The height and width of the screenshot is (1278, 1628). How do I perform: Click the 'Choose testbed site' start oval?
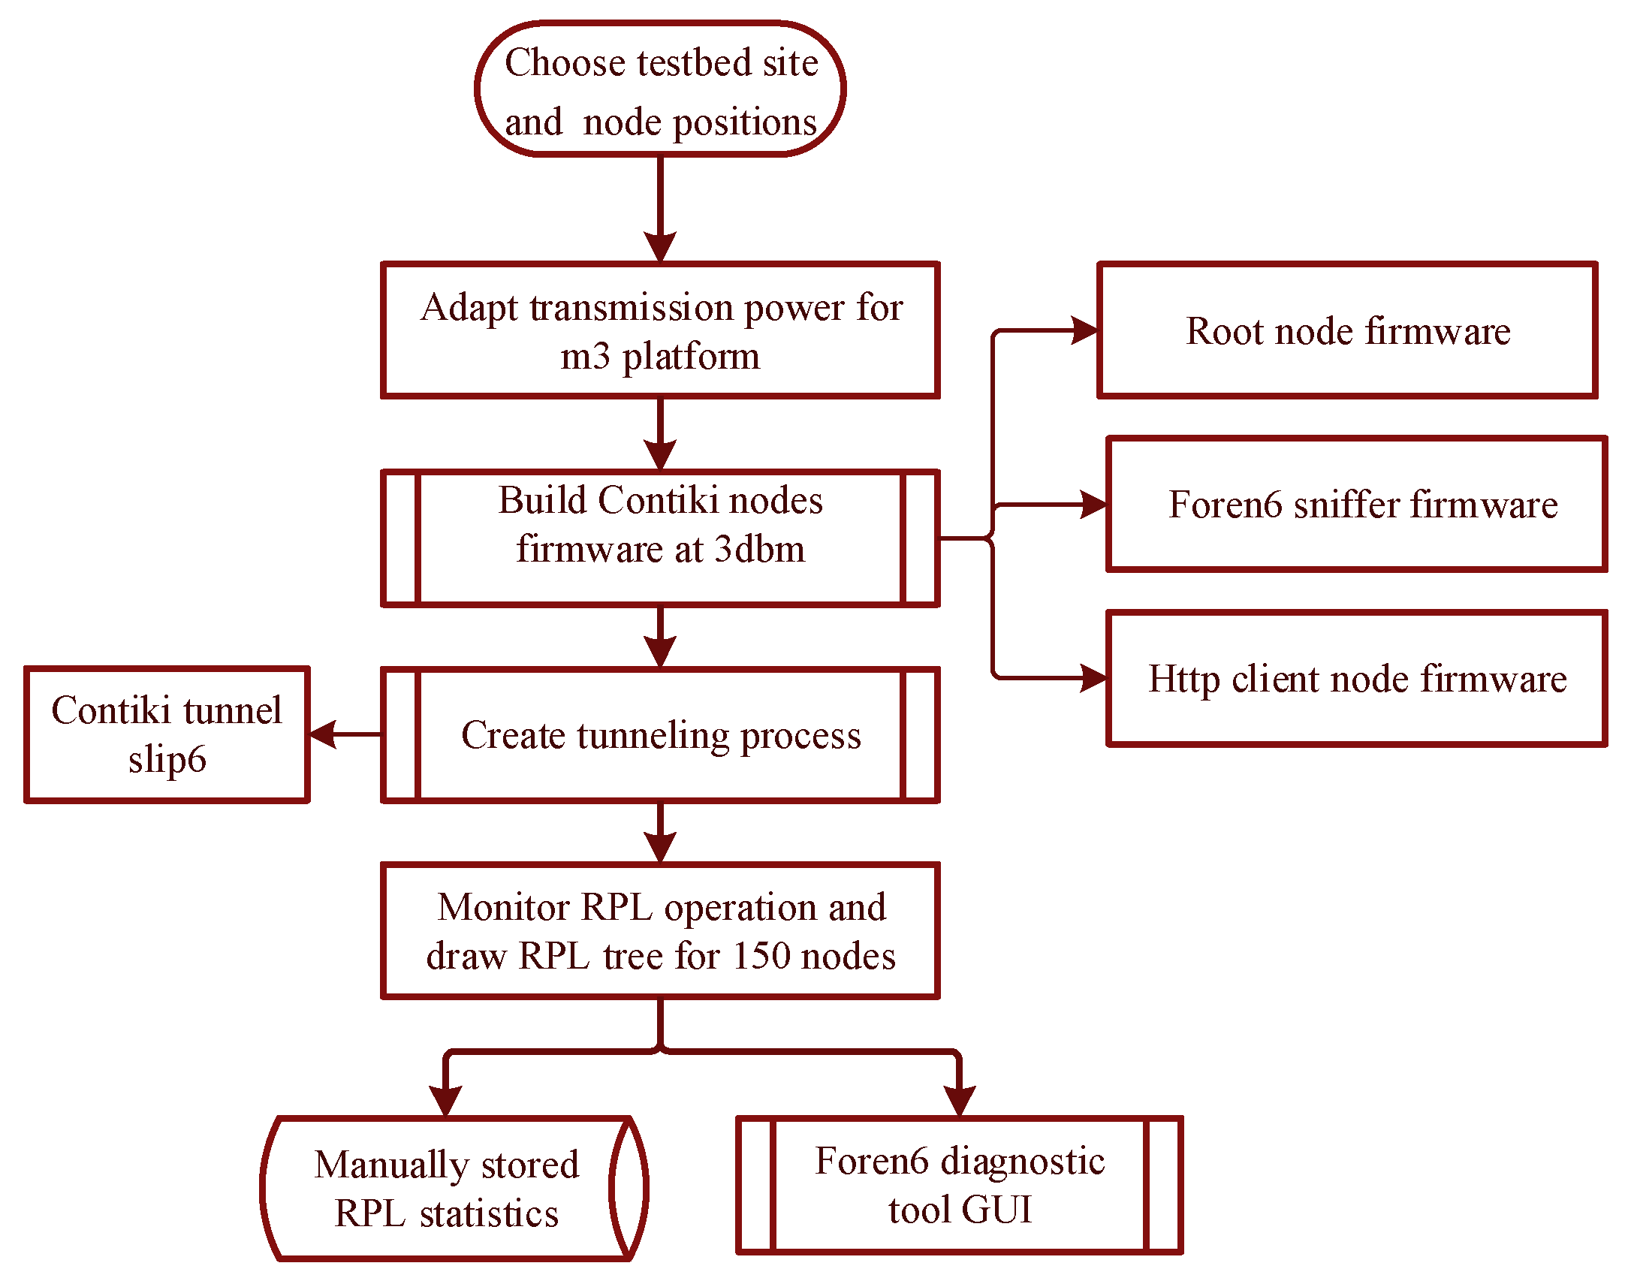pyautogui.click(x=660, y=89)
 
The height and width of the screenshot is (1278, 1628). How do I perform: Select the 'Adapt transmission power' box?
pyautogui.click(x=660, y=330)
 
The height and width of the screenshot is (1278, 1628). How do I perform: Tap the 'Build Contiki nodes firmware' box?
pyautogui.click(x=660, y=538)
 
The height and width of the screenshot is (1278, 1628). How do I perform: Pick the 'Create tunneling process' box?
pyautogui.click(x=660, y=735)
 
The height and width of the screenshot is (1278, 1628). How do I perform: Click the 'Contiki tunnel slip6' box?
pyautogui.click(x=167, y=735)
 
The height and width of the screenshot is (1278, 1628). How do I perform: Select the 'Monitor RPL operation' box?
pyautogui.click(x=660, y=931)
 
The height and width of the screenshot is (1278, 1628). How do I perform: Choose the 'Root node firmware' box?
pyautogui.click(x=1347, y=330)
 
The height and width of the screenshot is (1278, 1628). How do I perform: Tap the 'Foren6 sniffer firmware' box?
pyautogui.click(x=1356, y=505)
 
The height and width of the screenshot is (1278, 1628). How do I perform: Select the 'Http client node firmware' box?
pyautogui.click(x=1356, y=679)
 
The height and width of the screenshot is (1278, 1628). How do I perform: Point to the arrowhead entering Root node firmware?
pyautogui.click(x=1083, y=330)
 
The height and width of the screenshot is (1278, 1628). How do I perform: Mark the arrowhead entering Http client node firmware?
pyautogui.click(x=1092, y=679)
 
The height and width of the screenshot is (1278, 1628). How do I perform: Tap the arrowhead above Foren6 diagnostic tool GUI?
pyautogui.click(x=959, y=1100)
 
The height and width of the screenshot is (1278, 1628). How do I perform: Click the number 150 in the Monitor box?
pyautogui.click(x=761, y=957)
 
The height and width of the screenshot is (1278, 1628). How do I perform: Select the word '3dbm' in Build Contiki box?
pyautogui.click(x=759, y=549)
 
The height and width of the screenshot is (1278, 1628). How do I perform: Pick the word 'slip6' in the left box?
pyautogui.click(x=167, y=759)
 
